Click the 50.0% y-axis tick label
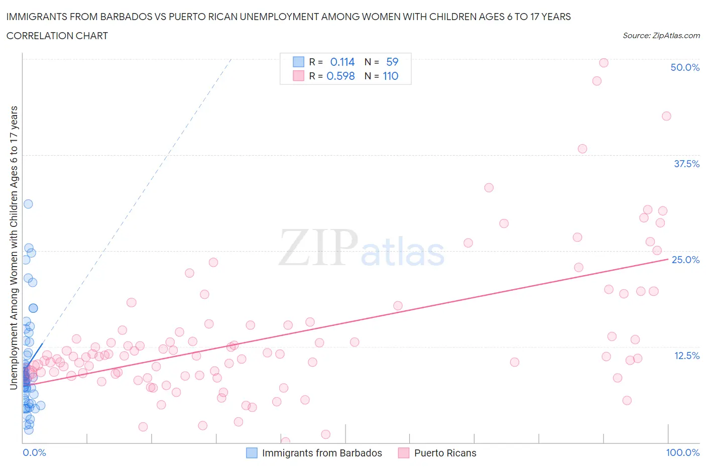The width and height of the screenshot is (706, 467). (x=684, y=67)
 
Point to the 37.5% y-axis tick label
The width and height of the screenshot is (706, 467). (x=686, y=164)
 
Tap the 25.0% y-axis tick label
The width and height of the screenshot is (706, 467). (x=685, y=260)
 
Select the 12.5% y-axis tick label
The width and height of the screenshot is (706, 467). (x=686, y=356)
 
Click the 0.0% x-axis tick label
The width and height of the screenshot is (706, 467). (x=34, y=452)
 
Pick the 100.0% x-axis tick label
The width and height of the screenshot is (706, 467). (x=682, y=452)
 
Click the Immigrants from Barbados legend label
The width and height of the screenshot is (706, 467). (x=321, y=453)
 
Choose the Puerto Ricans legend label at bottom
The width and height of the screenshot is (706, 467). (x=445, y=453)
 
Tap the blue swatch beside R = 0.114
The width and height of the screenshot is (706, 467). (x=298, y=62)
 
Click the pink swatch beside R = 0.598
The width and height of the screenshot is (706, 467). (x=298, y=76)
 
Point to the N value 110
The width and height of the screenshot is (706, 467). (x=390, y=76)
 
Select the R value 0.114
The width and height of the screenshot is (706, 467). (x=342, y=62)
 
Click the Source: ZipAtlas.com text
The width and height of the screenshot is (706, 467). (x=661, y=35)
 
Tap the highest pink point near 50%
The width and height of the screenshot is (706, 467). (x=604, y=63)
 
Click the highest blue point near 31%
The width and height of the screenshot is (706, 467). (x=28, y=204)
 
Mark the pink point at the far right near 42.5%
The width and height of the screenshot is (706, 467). (x=666, y=116)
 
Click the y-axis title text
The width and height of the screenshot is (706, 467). (x=14, y=248)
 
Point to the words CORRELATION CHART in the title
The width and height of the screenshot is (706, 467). (x=57, y=36)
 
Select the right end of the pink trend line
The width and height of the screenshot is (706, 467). (x=668, y=259)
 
